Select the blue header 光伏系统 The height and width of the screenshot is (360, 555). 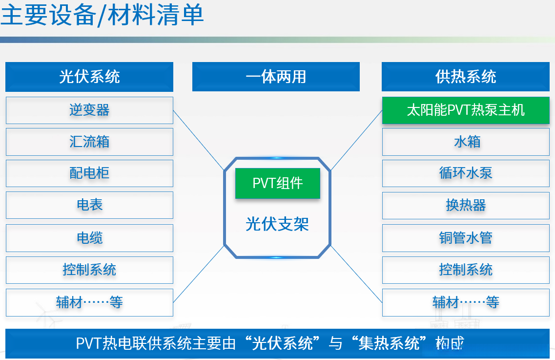(89, 77)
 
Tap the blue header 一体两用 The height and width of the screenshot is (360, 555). (276, 77)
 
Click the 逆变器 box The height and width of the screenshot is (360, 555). (89, 110)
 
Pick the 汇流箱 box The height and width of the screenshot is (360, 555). (89, 142)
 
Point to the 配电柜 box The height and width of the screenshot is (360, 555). (89, 173)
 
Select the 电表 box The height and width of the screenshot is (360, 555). (89, 205)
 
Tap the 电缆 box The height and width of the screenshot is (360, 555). (89, 238)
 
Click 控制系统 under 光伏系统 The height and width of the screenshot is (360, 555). (89, 270)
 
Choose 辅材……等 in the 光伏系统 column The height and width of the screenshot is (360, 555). (89, 303)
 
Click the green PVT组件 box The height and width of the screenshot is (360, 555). (277, 183)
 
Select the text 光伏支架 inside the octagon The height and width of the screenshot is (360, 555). (277, 224)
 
